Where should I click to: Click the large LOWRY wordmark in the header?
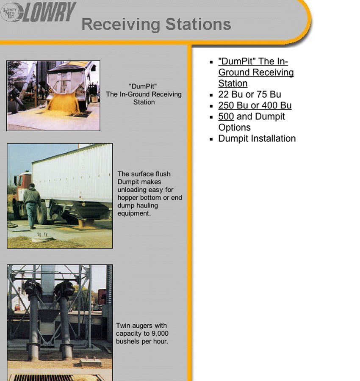click(x=49, y=12)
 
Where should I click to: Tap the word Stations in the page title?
click(x=198, y=24)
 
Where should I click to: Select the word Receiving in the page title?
click(x=121, y=25)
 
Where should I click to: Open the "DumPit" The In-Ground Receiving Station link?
click(x=256, y=72)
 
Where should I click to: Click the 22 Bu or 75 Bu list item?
click(x=249, y=94)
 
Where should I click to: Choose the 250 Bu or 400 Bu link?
click(x=255, y=105)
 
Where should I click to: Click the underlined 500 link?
click(x=226, y=116)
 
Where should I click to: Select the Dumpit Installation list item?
click(x=257, y=138)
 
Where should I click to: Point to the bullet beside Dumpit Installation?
click(x=211, y=139)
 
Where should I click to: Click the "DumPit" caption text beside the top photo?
click(x=143, y=86)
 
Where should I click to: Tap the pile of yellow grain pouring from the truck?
click(x=63, y=103)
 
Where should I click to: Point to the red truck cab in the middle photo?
click(x=23, y=185)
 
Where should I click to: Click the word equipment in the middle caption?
click(x=134, y=214)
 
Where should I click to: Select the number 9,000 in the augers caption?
click(x=159, y=334)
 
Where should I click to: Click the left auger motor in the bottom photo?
click(x=32, y=287)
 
